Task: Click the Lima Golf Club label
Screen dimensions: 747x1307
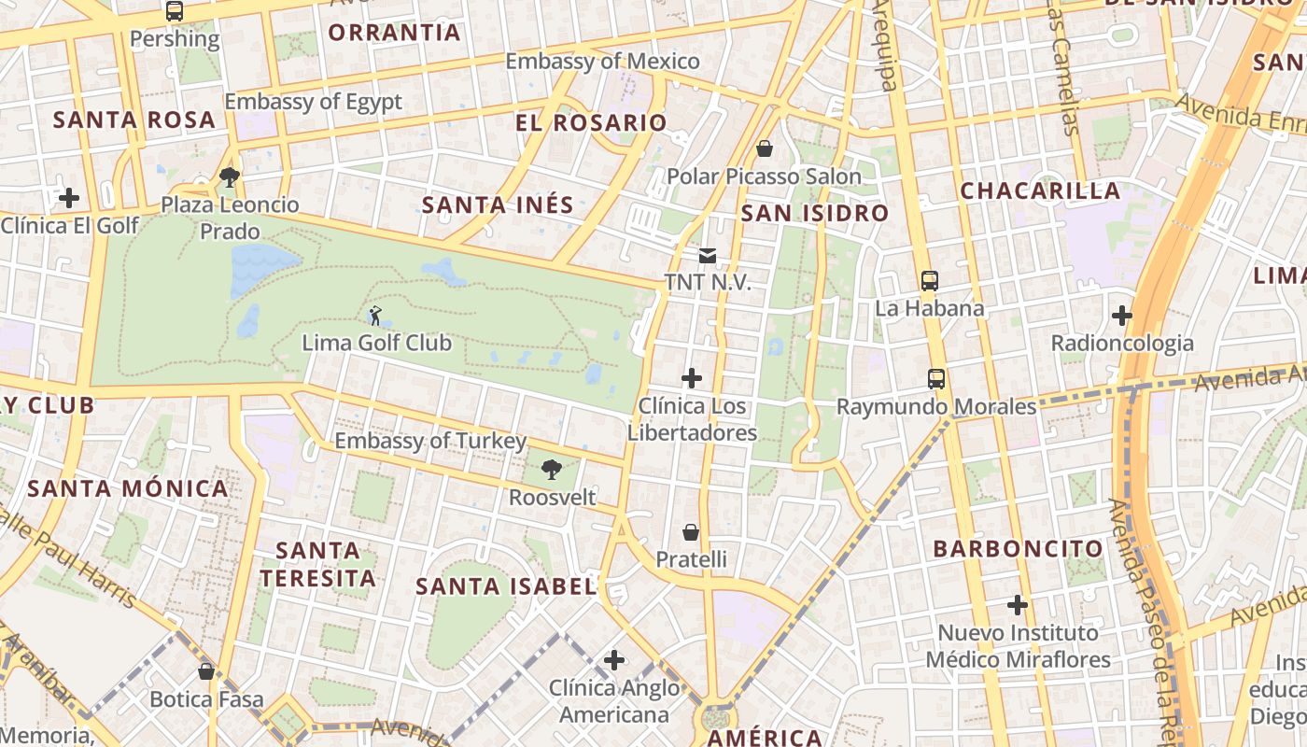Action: click(376, 343)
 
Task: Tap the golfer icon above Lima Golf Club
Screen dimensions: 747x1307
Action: click(375, 316)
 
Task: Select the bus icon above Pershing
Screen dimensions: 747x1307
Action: click(175, 11)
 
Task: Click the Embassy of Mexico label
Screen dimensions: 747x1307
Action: click(602, 62)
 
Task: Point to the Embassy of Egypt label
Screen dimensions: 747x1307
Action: click(313, 102)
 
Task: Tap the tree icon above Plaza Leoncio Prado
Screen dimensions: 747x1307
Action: click(230, 176)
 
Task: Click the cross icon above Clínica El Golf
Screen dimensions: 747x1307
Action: click(69, 198)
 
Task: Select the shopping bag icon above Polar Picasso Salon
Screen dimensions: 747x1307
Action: click(765, 148)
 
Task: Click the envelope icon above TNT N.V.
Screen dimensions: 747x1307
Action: click(707, 255)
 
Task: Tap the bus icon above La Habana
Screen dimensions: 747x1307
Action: click(929, 280)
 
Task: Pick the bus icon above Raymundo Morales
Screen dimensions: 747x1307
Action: click(936, 379)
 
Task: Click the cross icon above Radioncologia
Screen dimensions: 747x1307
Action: click(1122, 316)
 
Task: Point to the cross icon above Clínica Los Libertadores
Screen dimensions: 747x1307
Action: click(692, 378)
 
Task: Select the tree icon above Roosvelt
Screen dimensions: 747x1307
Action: click(552, 470)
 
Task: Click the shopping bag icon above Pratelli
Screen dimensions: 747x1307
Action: click(691, 532)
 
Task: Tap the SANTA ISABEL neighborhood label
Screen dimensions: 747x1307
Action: click(506, 586)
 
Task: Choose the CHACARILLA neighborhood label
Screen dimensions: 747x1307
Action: click(1040, 190)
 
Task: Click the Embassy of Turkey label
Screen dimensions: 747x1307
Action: click(430, 441)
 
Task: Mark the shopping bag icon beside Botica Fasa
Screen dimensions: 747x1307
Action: click(206, 671)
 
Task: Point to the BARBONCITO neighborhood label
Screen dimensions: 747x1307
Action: click(1019, 548)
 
